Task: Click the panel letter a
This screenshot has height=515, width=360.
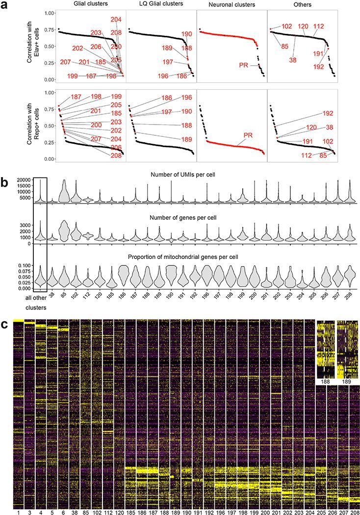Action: click(x=4, y=5)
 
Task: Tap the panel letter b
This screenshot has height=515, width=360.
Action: click(x=4, y=168)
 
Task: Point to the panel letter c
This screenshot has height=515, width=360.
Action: click(x=4, y=324)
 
